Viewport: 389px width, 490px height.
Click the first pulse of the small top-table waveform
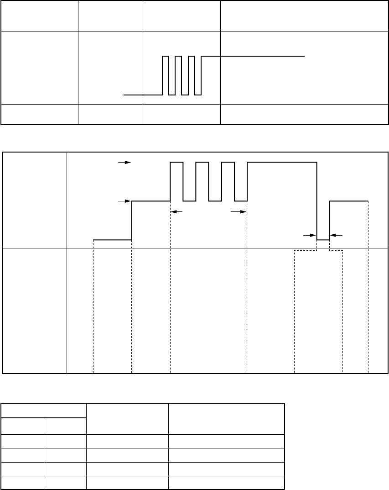coord(166,57)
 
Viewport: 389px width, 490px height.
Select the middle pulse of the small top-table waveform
coord(178,57)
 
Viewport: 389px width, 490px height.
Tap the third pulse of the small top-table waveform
coord(192,57)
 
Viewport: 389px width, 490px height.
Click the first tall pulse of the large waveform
coord(177,162)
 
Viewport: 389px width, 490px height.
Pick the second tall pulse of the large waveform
coord(202,162)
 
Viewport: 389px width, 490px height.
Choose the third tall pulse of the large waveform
coord(228,162)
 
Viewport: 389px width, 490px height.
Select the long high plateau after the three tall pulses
coord(282,162)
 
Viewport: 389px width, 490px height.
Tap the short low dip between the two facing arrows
coord(323,239)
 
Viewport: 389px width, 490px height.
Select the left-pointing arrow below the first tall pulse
coord(176,211)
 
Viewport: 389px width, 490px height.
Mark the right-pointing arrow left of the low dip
coord(310,235)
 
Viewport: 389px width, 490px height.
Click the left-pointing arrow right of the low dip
coord(336,235)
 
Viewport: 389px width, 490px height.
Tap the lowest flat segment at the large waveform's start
coord(112,239)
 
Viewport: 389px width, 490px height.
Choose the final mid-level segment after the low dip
coord(349,200)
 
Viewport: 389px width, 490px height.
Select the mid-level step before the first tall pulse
coord(151,200)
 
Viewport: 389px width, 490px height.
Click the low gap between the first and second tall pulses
coord(190,200)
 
